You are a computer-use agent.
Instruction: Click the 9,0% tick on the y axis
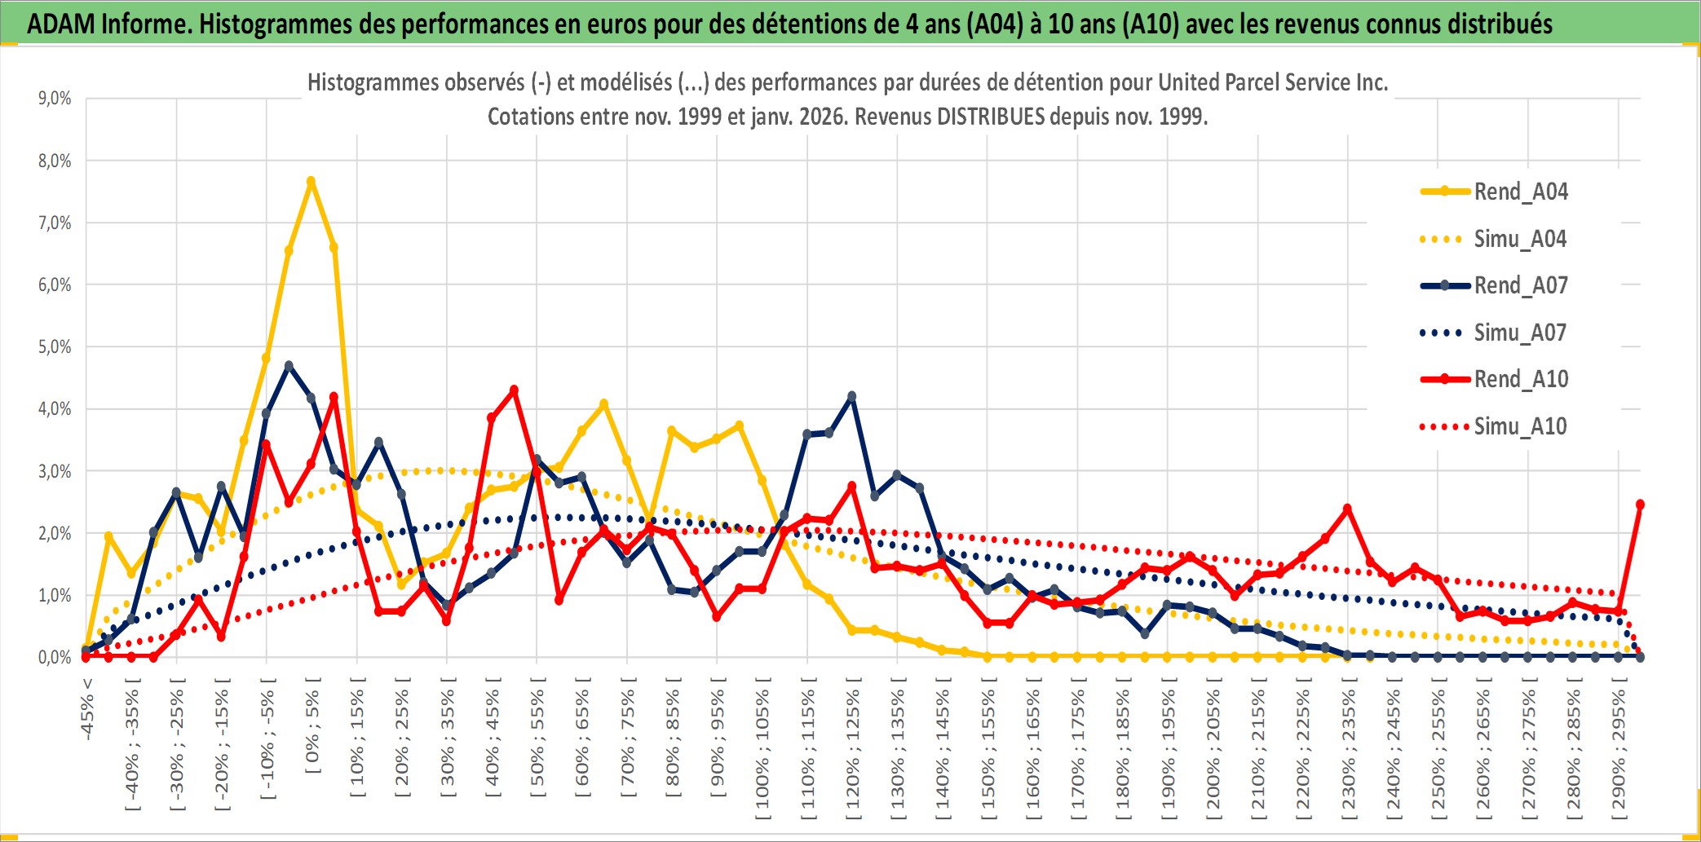(x=55, y=99)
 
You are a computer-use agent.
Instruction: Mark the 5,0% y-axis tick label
(x=55, y=347)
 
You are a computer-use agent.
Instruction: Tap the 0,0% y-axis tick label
(x=55, y=657)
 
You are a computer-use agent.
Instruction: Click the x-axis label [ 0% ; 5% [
(x=312, y=731)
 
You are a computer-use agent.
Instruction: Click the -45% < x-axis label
(x=87, y=709)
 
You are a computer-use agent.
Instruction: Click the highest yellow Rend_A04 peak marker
(x=311, y=181)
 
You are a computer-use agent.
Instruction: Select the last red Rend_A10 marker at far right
(x=1640, y=505)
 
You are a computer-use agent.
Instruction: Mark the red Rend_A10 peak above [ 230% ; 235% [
(x=1347, y=509)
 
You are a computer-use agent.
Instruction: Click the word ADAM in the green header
(x=61, y=24)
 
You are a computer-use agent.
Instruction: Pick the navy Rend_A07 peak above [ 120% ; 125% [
(x=852, y=396)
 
